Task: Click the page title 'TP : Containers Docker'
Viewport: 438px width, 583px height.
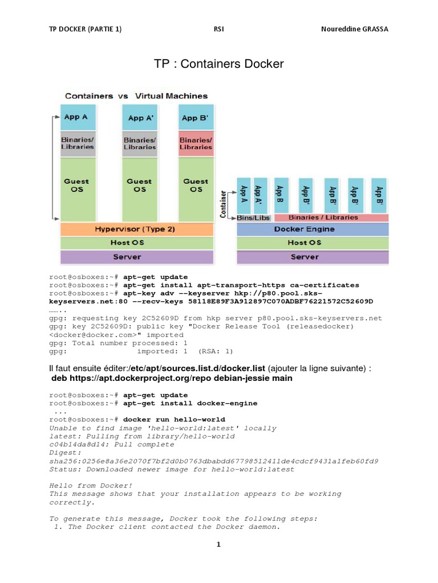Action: tap(219, 64)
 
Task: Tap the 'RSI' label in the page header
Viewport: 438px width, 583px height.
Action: tap(218, 29)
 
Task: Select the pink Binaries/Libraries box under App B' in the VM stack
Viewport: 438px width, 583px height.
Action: tap(196, 143)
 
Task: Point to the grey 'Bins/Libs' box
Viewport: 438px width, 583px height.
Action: tap(253, 217)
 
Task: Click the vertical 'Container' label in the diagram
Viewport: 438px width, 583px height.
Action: tap(224, 203)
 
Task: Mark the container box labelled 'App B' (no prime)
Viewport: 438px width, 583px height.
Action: tap(280, 194)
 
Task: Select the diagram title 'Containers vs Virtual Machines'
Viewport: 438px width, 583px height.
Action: tap(136, 96)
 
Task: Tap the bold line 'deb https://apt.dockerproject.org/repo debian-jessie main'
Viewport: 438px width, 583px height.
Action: tap(172, 378)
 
